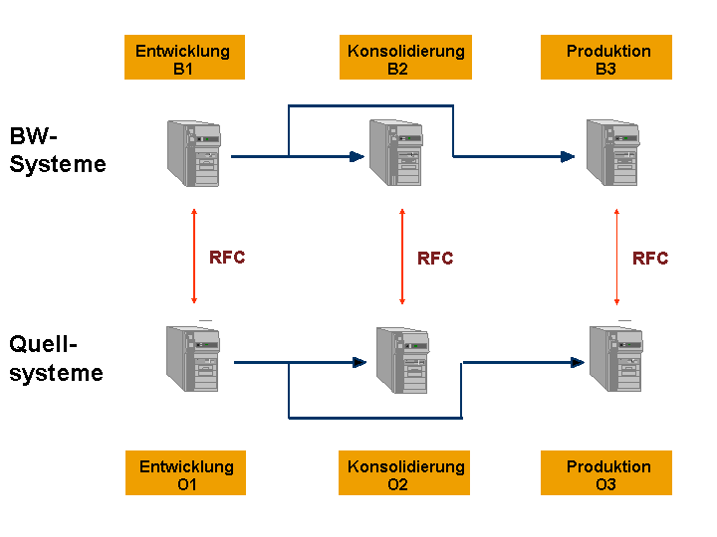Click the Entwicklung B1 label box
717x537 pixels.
184,57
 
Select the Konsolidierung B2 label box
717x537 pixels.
405,57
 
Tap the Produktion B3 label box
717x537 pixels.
606,57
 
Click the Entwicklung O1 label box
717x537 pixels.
185,472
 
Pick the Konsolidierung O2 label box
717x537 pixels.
404,472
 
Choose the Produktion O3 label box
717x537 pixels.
606,472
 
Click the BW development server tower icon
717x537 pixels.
194,153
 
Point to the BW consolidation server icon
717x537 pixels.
396,152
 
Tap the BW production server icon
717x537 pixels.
613,152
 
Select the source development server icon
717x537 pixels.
193,358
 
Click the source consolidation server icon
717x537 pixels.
403,360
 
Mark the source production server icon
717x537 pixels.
616,358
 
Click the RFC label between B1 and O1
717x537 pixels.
227,258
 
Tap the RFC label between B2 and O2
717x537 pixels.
435,258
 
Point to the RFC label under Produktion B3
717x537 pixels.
650,258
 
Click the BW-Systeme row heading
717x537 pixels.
58,150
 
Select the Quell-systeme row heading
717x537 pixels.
56,358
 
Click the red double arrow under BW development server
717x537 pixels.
194,257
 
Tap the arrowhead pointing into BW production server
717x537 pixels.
568,157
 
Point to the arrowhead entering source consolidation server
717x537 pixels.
359,363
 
